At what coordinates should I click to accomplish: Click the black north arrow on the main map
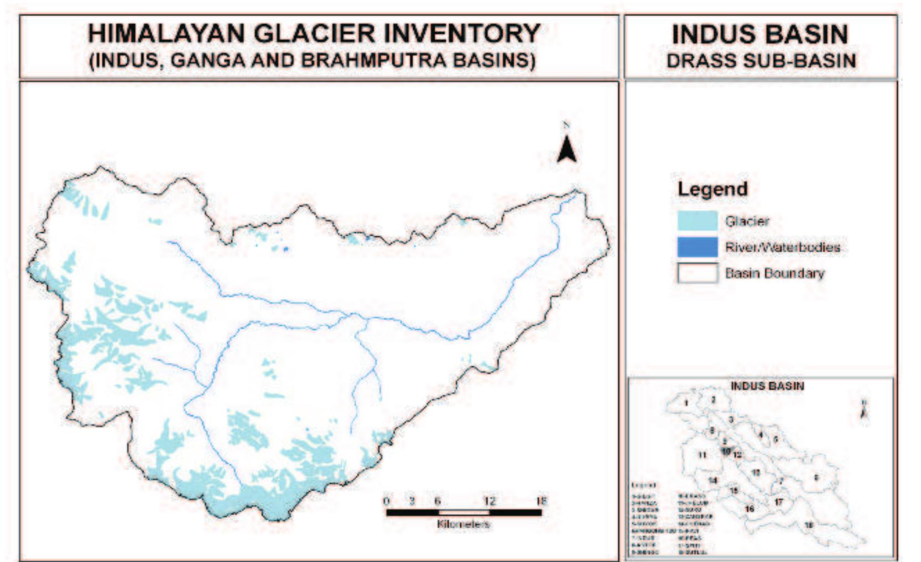click(566, 145)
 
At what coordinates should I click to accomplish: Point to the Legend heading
click(712, 189)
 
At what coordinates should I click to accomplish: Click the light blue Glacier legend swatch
click(698, 221)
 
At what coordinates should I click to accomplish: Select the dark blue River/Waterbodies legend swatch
click(698, 247)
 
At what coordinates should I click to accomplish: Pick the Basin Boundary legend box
click(698, 273)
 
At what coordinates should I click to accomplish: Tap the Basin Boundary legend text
click(774, 273)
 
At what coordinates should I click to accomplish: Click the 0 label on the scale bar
click(387, 501)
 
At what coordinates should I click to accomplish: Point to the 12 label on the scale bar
click(490, 501)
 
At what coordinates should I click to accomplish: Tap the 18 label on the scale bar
click(541, 501)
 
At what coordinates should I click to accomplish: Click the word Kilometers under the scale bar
click(464, 523)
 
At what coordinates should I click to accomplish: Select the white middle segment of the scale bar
click(464, 512)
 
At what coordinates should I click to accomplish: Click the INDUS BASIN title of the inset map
click(767, 386)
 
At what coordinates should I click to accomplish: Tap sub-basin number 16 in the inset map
click(750, 509)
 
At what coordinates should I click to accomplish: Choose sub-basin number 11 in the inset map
click(702, 455)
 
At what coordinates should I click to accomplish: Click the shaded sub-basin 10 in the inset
click(726, 451)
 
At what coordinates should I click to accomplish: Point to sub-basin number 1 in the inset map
click(686, 403)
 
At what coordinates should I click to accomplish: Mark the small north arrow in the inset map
click(864, 410)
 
